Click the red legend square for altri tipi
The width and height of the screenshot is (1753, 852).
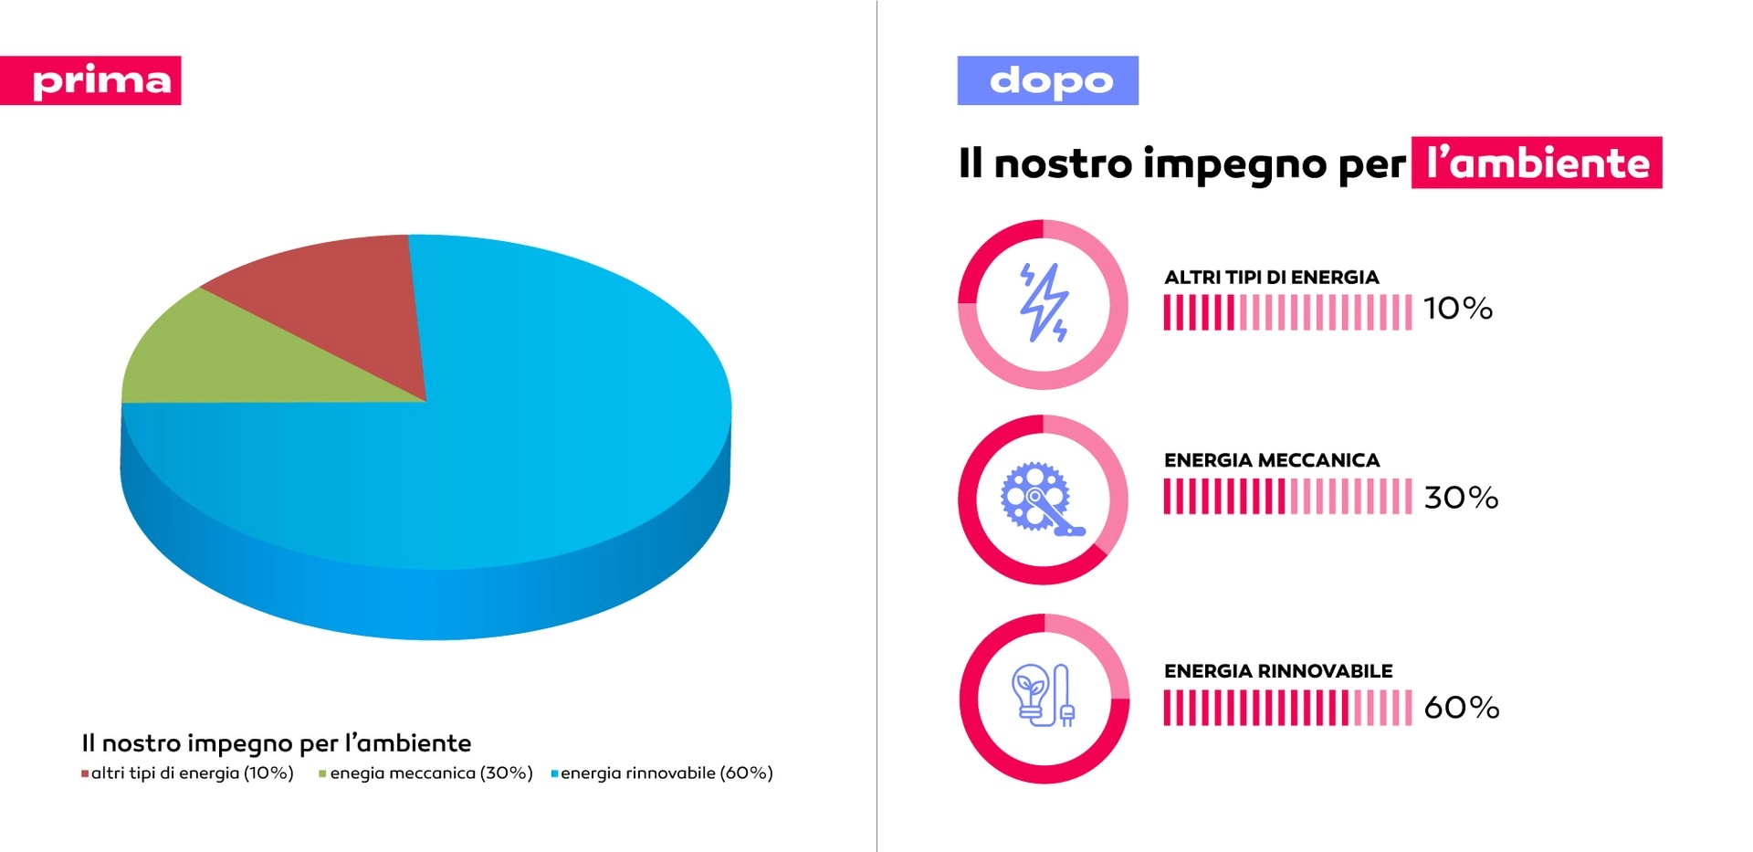click(85, 774)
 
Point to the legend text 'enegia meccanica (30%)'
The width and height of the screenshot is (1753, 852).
click(431, 773)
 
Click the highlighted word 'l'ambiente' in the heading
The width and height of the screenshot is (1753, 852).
click(1537, 163)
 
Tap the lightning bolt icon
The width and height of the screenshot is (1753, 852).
click(1044, 303)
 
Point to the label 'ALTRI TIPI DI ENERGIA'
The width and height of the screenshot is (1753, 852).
click(1271, 278)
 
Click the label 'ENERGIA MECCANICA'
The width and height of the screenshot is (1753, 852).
click(1271, 460)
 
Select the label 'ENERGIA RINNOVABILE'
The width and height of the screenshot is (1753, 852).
click(1277, 671)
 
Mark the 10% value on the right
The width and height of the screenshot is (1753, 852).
click(1458, 309)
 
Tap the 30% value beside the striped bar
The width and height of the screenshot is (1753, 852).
click(1461, 498)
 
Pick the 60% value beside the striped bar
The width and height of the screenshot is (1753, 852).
click(1461, 708)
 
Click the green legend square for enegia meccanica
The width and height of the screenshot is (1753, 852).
click(322, 774)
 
